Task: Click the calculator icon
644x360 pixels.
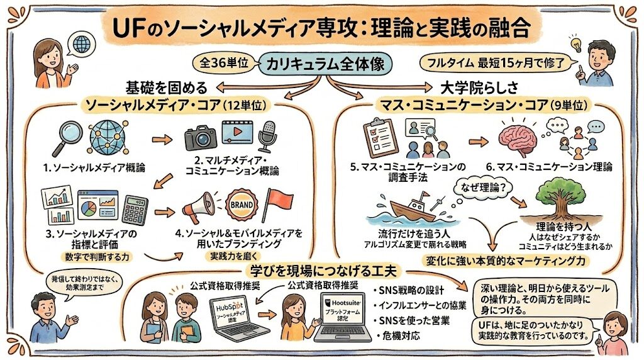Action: point(135,210)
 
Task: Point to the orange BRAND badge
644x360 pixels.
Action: point(241,205)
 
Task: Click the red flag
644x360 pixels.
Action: point(279,203)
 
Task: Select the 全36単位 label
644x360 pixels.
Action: point(224,63)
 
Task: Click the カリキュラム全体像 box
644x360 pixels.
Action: point(325,64)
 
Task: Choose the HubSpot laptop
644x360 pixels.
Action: point(235,317)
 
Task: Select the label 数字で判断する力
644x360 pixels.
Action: point(97,257)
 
